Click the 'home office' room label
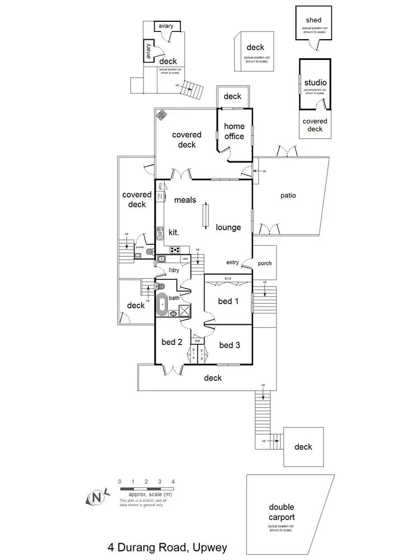[x=234, y=131]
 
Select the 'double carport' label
[x=281, y=512]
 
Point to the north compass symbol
[x=97, y=497]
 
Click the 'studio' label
[x=315, y=83]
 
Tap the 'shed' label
[x=314, y=20]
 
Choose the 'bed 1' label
[x=228, y=301]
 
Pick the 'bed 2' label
[x=172, y=343]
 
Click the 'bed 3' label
[x=230, y=345]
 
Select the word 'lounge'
[x=229, y=227]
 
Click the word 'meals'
[x=185, y=199]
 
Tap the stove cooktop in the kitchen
[x=175, y=250]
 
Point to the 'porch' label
[x=264, y=263]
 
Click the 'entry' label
[x=233, y=262]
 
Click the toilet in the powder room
[x=148, y=253]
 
